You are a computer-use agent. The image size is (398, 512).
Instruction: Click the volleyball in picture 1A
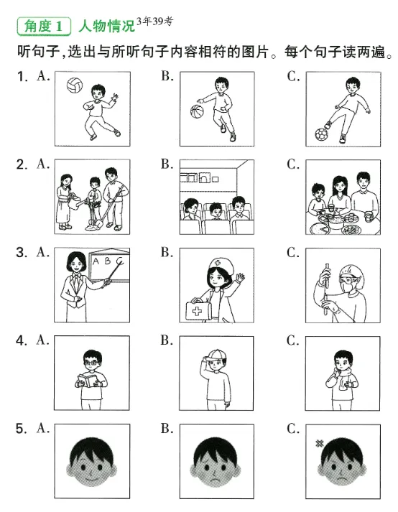click(x=75, y=85)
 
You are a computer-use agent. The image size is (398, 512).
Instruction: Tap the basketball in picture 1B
click(x=197, y=111)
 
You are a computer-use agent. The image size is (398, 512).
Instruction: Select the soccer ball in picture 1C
click(x=321, y=134)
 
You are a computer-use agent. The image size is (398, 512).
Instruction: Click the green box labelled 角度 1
click(x=44, y=26)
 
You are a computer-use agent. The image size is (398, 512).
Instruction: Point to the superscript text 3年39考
click(x=154, y=22)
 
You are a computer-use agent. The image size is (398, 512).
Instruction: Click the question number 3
click(x=22, y=253)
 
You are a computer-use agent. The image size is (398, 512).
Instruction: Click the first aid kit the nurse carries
click(x=197, y=309)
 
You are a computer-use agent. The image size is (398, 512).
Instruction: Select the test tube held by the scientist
click(x=325, y=289)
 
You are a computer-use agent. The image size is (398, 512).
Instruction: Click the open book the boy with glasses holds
click(x=88, y=381)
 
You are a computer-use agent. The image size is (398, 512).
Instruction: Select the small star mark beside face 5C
click(x=320, y=443)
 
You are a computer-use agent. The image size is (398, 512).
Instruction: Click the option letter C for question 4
click(x=293, y=340)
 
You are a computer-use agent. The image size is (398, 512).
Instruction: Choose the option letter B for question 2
click(x=167, y=164)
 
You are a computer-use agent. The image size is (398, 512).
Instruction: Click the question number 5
click(x=22, y=429)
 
